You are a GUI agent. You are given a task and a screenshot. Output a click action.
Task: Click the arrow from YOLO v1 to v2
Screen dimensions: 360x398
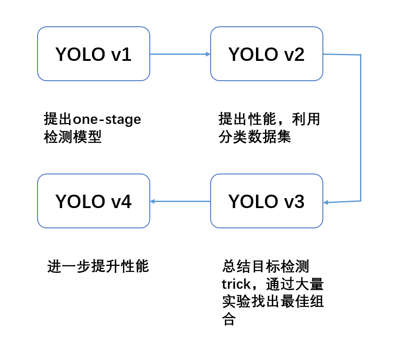pos(179,54)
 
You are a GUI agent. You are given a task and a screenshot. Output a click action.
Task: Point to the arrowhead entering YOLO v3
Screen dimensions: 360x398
pos(326,202)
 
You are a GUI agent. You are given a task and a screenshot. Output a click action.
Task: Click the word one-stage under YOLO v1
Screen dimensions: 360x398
pos(107,120)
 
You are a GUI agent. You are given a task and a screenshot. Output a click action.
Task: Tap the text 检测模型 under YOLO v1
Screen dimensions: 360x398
pos(73,137)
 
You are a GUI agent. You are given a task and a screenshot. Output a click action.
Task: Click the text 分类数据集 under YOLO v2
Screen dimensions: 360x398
pos(255,137)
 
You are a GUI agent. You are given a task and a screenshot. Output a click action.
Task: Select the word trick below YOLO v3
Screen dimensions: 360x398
pos(236,284)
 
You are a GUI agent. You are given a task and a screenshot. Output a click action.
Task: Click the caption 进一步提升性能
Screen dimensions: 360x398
pos(98,266)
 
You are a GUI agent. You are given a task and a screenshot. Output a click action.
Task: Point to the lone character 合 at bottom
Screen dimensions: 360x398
pos(229,319)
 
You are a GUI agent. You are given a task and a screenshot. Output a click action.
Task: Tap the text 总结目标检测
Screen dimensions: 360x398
pos(266,266)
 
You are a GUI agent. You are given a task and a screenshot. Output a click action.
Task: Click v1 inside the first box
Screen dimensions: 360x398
pos(121,54)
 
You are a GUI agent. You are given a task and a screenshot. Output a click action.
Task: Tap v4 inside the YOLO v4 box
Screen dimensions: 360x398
pos(121,202)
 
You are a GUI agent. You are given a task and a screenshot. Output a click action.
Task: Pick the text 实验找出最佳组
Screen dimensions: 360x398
pos(273,302)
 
